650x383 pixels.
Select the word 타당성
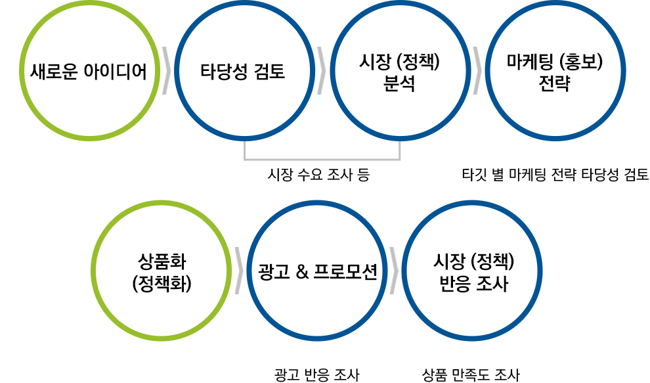[x=221, y=71]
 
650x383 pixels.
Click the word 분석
[x=399, y=85]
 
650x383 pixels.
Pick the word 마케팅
[x=530, y=63]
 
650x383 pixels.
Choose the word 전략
[x=554, y=85]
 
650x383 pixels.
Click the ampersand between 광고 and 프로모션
[x=303, y=271]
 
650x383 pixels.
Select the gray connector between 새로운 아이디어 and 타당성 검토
[x=167, y=70]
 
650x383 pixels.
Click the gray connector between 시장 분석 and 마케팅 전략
[x=475, y=70]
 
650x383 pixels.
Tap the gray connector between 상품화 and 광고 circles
[x=242, y=271]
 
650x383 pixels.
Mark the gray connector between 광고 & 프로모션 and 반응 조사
[x=392, y=271]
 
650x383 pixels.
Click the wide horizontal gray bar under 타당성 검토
[x=322, y=152]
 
